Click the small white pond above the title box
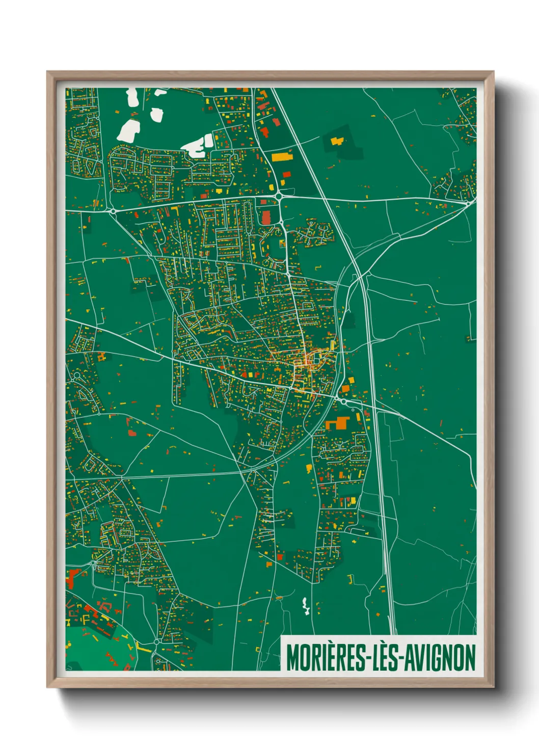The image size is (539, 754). point(306,606)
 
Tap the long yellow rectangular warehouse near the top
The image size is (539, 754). point(282,157)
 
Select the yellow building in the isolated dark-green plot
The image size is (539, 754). point(337,140)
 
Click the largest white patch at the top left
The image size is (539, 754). point(128,130)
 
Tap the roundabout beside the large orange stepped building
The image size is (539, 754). point(344,402)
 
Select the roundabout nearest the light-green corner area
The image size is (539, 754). point(156,642)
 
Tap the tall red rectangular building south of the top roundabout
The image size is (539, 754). point(266,218)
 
